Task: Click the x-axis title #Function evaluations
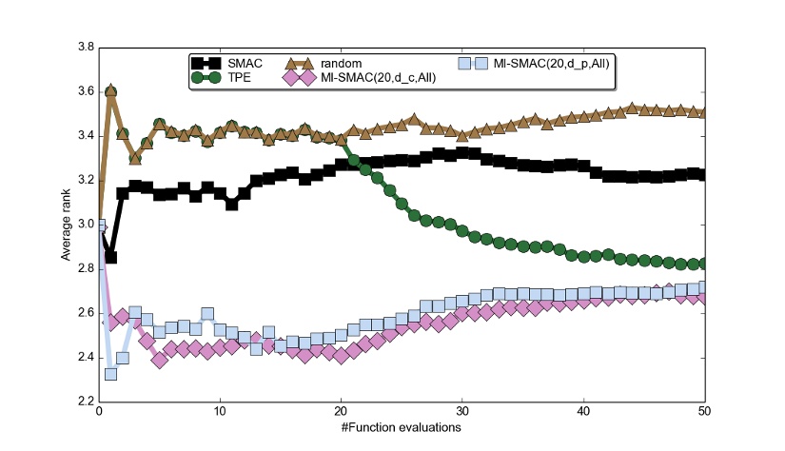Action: click(402, 427)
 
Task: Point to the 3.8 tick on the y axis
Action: click(84, 47)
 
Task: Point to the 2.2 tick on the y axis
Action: click(84, 402)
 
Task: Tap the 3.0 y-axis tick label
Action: click(84, 225)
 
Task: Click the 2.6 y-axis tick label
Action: click(84, 313)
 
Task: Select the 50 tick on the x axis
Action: click(704, 411)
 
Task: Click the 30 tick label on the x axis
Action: click(462, 411)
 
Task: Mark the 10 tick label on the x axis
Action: click(220, 411)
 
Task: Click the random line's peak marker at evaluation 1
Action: click(110, 91)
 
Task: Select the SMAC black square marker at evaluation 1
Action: click(110, 257)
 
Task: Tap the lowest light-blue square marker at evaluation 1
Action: click(110, 373)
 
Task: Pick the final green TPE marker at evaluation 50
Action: click(704, 264)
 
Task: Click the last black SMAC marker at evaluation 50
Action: click(704, 174)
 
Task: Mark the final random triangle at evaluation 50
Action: click(704, 112)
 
